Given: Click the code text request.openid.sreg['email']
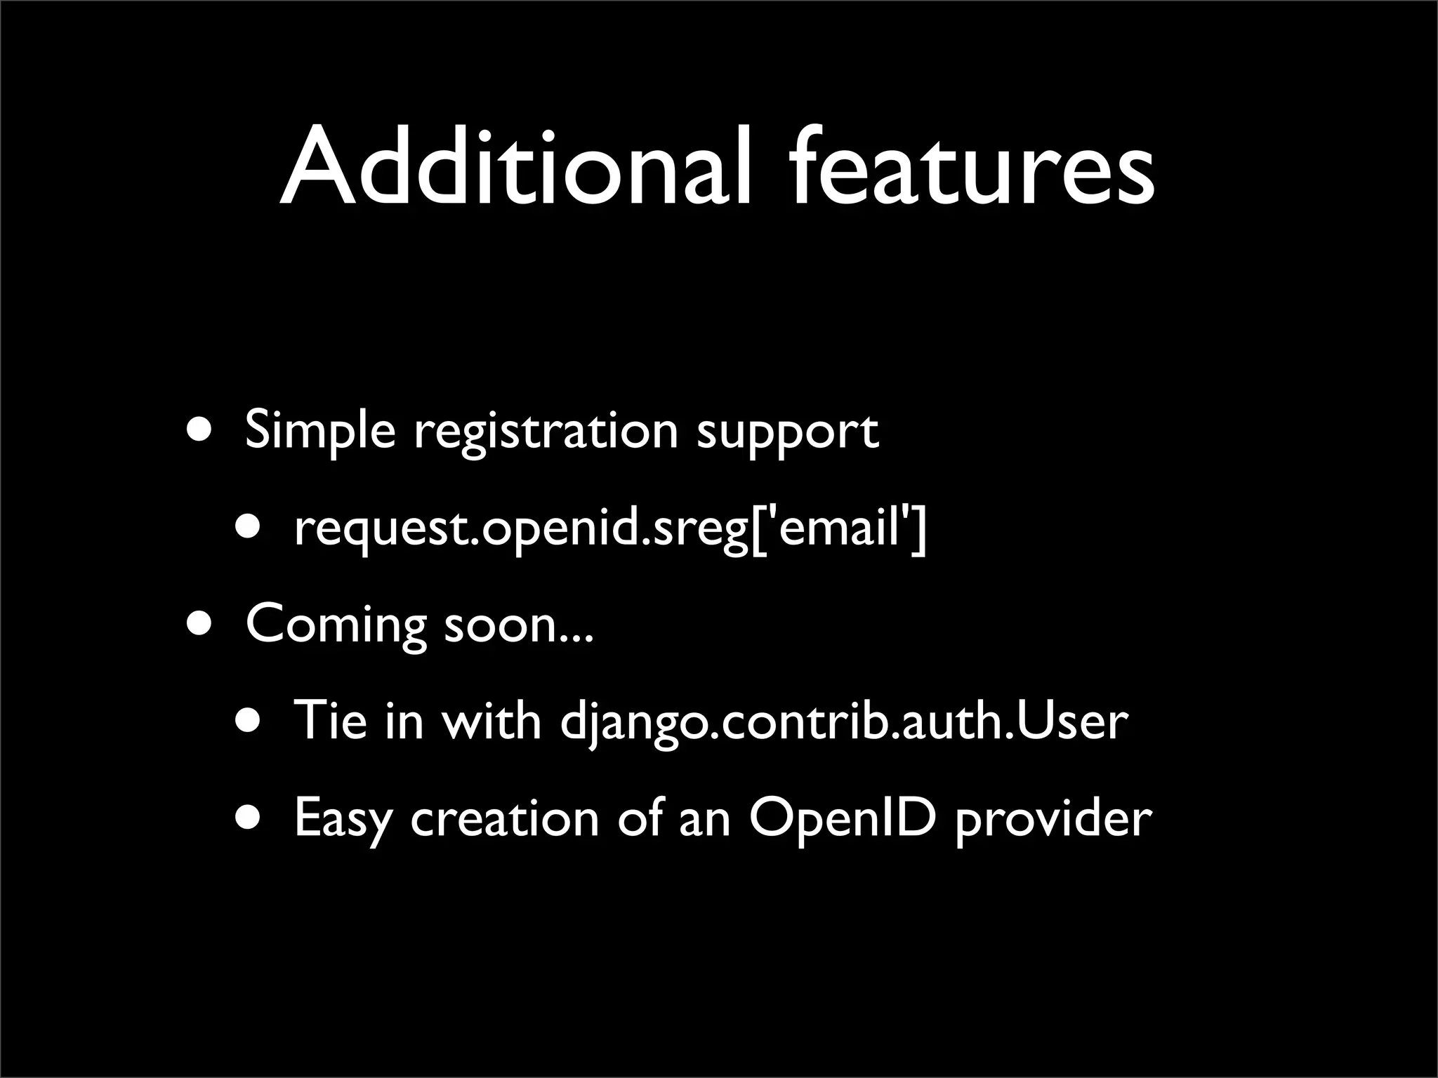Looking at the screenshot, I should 610,529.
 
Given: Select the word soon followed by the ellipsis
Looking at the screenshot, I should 519,625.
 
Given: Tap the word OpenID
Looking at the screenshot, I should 843,818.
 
